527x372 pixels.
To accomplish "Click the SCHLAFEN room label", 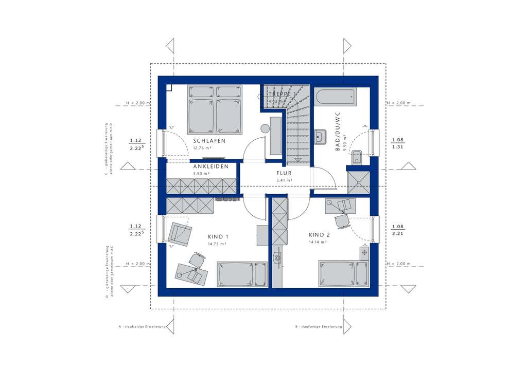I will (209, 140).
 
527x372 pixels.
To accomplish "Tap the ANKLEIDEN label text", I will (212, 167).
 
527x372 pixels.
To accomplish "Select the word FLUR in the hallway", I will (284, 173).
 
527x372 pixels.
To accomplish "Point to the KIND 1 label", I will (218, 236).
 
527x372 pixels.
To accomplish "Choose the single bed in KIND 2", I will (343, 273).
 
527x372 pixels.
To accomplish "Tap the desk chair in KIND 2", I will (341, 221).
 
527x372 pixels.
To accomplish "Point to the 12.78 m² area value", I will (203, 148).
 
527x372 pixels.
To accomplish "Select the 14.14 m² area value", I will (318, 241).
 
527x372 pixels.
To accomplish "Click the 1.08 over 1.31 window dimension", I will (397, 143).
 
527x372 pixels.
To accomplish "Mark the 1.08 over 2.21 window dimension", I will (397, 230).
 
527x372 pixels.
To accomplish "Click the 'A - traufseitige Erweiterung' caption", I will (142, 327).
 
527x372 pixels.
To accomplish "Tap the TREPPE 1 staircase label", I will (282, 95).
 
